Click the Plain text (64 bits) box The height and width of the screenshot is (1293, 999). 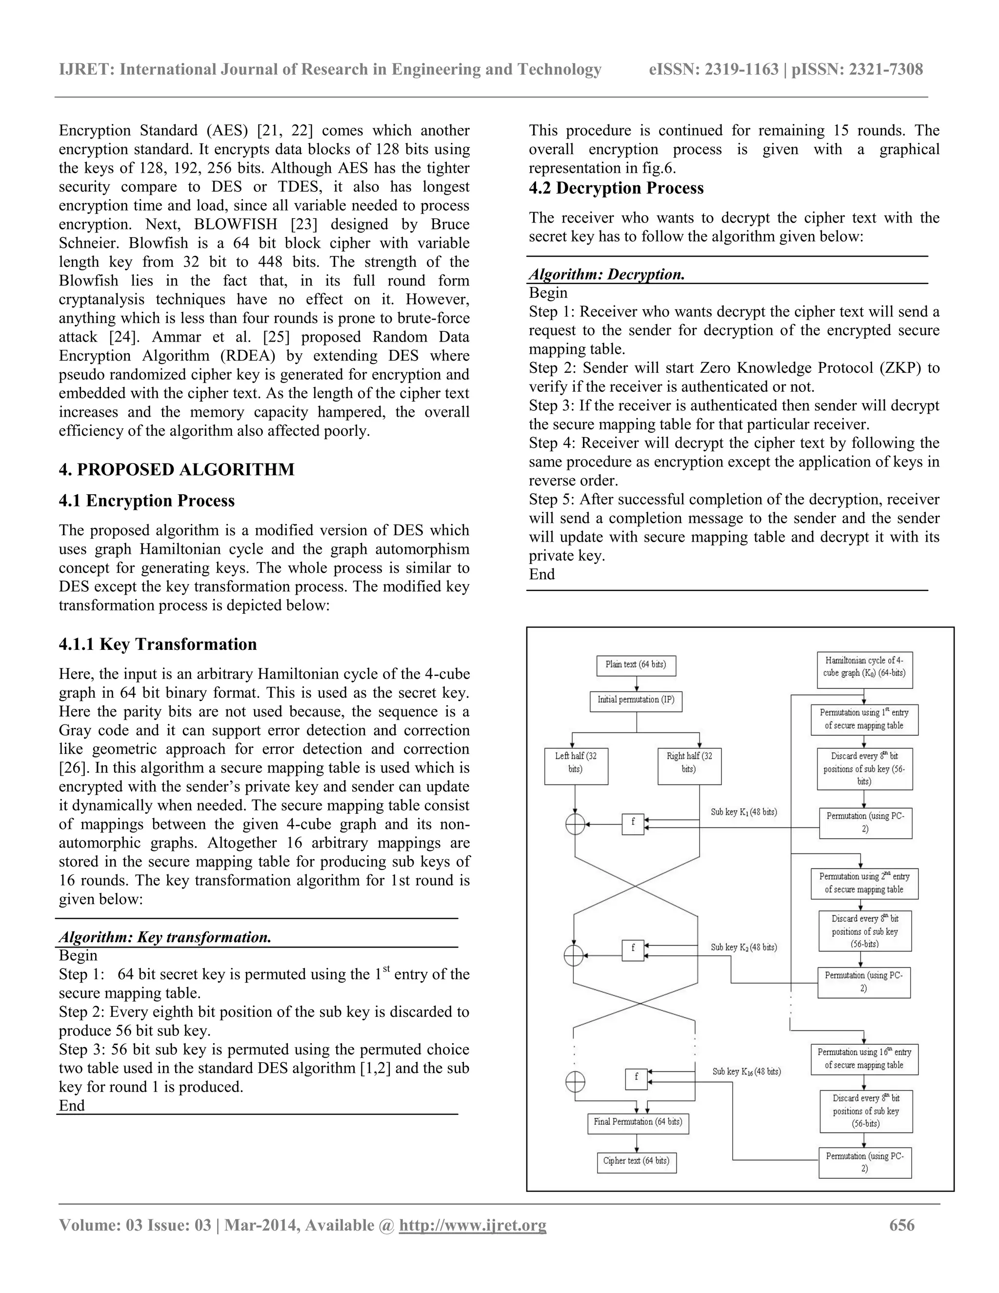[636, 665]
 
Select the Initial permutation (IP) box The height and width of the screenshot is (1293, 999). [636, 700]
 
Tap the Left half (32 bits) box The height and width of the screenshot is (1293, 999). [576, 766]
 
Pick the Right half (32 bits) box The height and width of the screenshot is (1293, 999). [689, 766]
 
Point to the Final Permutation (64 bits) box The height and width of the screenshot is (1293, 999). [638, 1122]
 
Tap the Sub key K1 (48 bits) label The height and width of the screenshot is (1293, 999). [743, 812]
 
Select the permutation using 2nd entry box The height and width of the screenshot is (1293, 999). [864, 883]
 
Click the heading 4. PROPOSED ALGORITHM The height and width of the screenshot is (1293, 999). [177, 469]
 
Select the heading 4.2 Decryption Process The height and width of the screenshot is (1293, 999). [616, 188]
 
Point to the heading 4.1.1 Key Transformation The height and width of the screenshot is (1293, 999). [158, 644]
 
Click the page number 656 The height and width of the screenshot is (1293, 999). [901, 1225]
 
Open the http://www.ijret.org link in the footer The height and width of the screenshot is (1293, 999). [472, 1225]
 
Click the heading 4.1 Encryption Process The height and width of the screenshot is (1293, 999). [147, 501]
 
